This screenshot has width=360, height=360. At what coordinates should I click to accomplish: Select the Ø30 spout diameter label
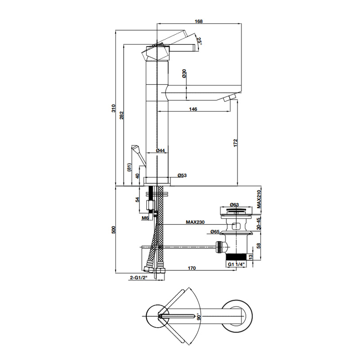click(185, 74)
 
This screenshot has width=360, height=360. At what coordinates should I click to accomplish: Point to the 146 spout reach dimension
click(193, 109)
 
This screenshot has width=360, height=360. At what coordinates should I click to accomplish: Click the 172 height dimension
click(235, 144)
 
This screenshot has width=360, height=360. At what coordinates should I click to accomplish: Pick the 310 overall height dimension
click(114, 108)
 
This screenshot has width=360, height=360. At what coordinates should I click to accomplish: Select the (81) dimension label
click(129, 167)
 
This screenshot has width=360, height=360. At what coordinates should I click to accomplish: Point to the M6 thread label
click(145, 218)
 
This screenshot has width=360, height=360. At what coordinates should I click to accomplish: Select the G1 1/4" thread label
click(236, 264)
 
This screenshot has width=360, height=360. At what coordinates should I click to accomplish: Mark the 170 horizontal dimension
click(192, 269)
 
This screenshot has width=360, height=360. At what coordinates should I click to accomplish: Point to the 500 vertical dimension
click(114, 229)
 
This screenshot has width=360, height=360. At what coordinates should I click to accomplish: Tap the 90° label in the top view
click(198, 317)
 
